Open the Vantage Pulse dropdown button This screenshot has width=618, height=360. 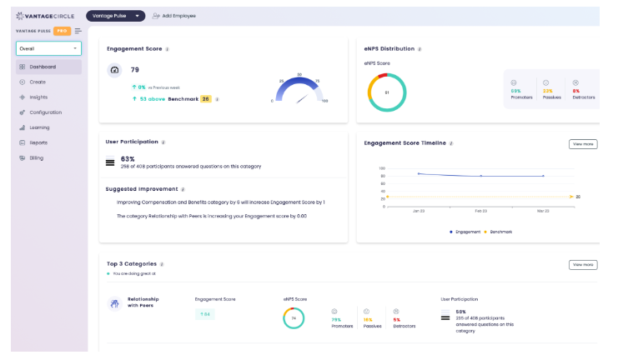(x=115, y=16)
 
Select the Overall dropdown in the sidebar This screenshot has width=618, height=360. (x=48, y=48)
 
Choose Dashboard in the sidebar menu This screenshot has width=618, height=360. (x=43, y=67)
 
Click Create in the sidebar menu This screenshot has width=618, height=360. (x=38, y=82)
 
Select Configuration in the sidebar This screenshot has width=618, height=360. (x=45, y=112)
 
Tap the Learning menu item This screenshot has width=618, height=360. (x=39, y=127)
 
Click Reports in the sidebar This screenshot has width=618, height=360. (x=38, y=142)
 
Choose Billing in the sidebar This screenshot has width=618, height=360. (x=38, y=157)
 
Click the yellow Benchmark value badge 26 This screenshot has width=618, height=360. (x=205, y=98)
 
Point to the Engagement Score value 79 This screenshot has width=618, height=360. (x=135, y=70)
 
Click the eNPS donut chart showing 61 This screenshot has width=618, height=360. (x=387, y=92)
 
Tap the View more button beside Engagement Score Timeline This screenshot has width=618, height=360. (x=583, y=144)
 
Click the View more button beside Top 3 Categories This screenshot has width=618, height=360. (x=583, y=265)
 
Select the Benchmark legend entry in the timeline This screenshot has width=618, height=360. (x=498, y=231)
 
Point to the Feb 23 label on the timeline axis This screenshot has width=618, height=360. (x=480, y=212)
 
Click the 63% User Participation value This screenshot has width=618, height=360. (x=128, y=158)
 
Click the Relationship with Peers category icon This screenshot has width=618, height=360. (x=114, y=304)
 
